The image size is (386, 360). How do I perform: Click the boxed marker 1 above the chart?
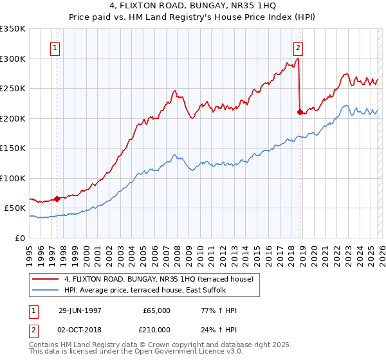click(55, 48)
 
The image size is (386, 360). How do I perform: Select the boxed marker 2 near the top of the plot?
click(299, 48)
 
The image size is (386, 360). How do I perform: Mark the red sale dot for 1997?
click(57, 199)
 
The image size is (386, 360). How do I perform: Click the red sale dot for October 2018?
click(300, 112)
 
